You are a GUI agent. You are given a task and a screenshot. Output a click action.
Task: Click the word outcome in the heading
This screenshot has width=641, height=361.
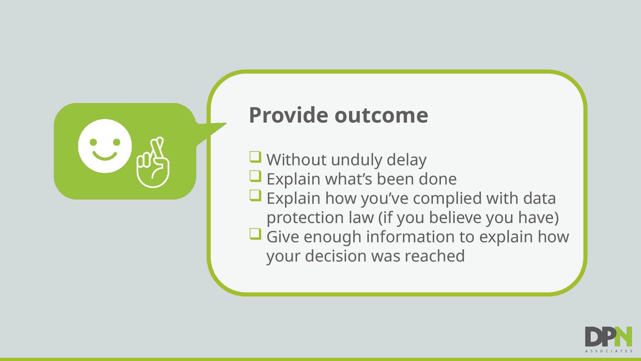point(381,116)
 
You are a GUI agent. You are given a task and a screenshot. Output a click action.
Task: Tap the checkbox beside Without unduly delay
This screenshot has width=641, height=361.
point(255,157)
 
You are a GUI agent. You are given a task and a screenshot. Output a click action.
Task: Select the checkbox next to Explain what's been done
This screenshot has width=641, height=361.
point(255,176)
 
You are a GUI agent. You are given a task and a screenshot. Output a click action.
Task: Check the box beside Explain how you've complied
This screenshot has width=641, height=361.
point(255,195)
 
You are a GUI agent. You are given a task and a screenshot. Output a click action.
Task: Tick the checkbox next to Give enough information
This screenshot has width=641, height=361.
point(255,234)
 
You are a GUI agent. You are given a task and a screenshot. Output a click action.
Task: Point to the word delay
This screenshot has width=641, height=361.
point(406,160)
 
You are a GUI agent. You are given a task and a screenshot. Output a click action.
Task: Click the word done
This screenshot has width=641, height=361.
point(437,179)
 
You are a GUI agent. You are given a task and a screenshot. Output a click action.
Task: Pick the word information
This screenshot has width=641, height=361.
point(410,237)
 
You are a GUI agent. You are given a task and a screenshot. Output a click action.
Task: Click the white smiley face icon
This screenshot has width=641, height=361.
point(105,146)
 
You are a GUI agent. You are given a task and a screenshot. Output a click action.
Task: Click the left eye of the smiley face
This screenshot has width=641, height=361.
point(93,142)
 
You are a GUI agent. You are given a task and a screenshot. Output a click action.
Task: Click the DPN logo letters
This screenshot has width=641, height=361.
point(608,337)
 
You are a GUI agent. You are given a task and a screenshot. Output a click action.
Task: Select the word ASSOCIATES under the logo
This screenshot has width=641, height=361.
point(609,351)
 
